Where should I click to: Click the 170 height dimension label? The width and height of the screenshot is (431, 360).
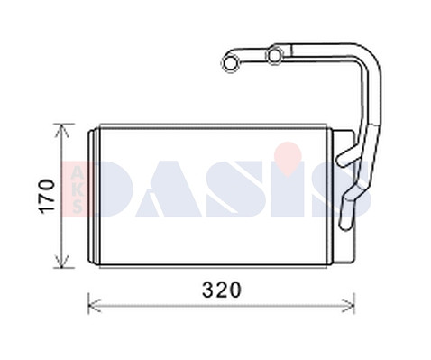48,196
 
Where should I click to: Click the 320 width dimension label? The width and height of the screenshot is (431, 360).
222,290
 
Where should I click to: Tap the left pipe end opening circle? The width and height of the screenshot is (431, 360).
231,63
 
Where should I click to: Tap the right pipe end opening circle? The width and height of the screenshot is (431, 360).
275,55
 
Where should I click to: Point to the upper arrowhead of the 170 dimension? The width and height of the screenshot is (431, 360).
61,131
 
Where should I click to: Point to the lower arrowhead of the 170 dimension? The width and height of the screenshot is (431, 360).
61,261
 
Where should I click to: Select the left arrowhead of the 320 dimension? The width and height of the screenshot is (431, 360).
95,306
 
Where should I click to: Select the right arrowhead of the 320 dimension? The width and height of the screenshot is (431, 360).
348,306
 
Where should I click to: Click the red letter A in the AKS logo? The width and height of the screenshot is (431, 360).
78,174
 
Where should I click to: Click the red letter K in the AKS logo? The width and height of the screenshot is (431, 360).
78,190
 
